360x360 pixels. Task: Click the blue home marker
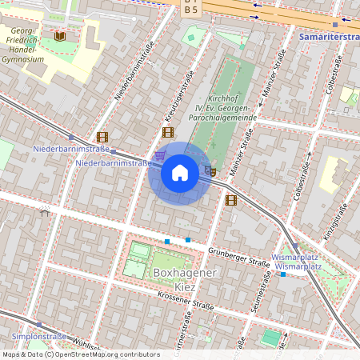[x=180, y=173]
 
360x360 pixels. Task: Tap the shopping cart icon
[x=160, y=155]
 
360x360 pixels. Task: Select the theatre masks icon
[x=210, y=170]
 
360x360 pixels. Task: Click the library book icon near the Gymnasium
[x=60, y=36]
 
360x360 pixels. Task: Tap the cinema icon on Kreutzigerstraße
[x=167, y=133]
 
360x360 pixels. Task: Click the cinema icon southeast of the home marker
[x=231, y=200]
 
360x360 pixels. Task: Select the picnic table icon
[x=45, y=212]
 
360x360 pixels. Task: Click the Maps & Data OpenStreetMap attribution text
[x=80, y=354]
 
